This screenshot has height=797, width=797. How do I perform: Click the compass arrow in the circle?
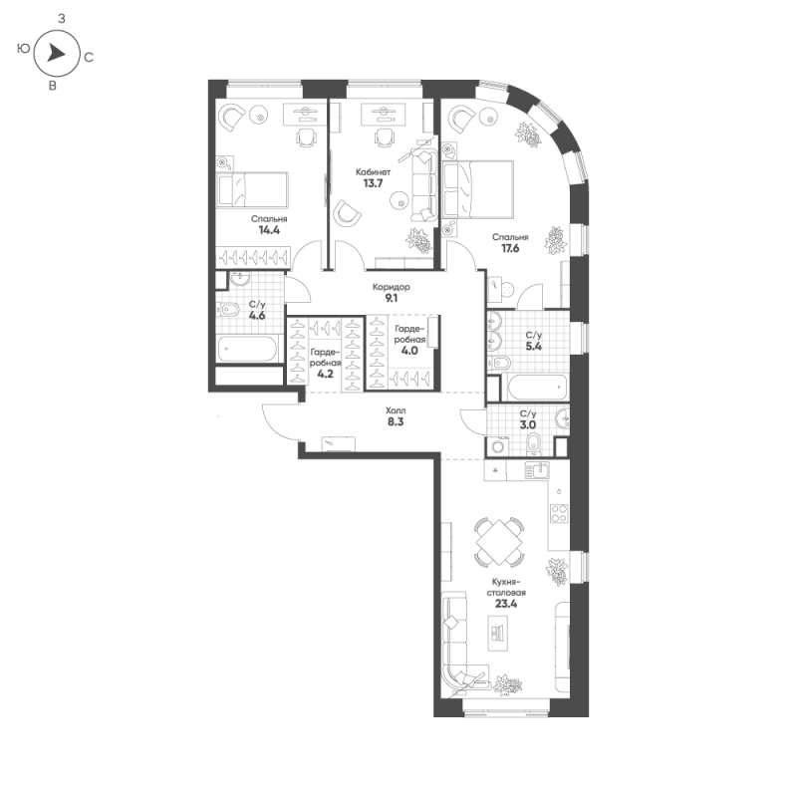(56, 53)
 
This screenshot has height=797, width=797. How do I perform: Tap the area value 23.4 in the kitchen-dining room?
(506, 604)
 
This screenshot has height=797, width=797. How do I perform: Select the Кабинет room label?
(373, 172)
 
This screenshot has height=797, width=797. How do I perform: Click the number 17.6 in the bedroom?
(510, 248)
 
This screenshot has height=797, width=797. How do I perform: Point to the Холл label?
(396, 410)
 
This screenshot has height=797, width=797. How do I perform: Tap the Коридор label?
(391, 287)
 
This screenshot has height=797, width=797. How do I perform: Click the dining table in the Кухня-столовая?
(500, 542)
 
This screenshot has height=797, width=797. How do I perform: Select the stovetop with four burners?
(559, 513)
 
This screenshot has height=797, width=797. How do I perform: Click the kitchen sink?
(537, 470)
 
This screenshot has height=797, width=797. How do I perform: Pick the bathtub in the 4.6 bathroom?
(247, 349)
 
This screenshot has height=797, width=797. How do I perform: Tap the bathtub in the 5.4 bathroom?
(537, 388)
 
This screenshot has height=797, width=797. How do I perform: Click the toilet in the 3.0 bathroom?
(533, 443)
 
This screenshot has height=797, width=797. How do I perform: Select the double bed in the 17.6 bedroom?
(478, 188)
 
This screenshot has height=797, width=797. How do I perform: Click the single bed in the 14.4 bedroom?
(253, 189)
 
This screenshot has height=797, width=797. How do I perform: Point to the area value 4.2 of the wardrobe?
(325, 375)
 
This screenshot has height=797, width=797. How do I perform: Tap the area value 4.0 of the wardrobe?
(409, 351)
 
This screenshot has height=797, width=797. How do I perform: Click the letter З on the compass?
(62, 19)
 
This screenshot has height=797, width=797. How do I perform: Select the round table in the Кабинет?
(399, 201)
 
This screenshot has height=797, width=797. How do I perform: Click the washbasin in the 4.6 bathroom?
(239, 279)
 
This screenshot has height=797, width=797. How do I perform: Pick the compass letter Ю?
(23, 48)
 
